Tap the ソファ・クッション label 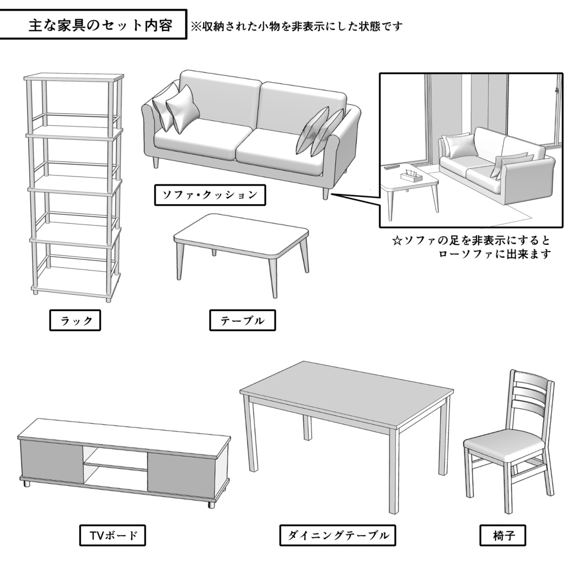pos(210,195)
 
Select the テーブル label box pos(242,320)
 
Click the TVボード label pos(112,535)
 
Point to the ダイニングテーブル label pos(337,535)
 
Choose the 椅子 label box pos(502,535)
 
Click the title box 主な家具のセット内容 pos(93,25)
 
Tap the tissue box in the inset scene pos(411,175)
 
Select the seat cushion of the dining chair pos(504,447)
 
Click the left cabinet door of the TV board pos(52,460)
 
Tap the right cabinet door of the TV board pos(181,470)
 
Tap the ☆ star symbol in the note pos(397,241)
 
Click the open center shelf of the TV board pos(116,468)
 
